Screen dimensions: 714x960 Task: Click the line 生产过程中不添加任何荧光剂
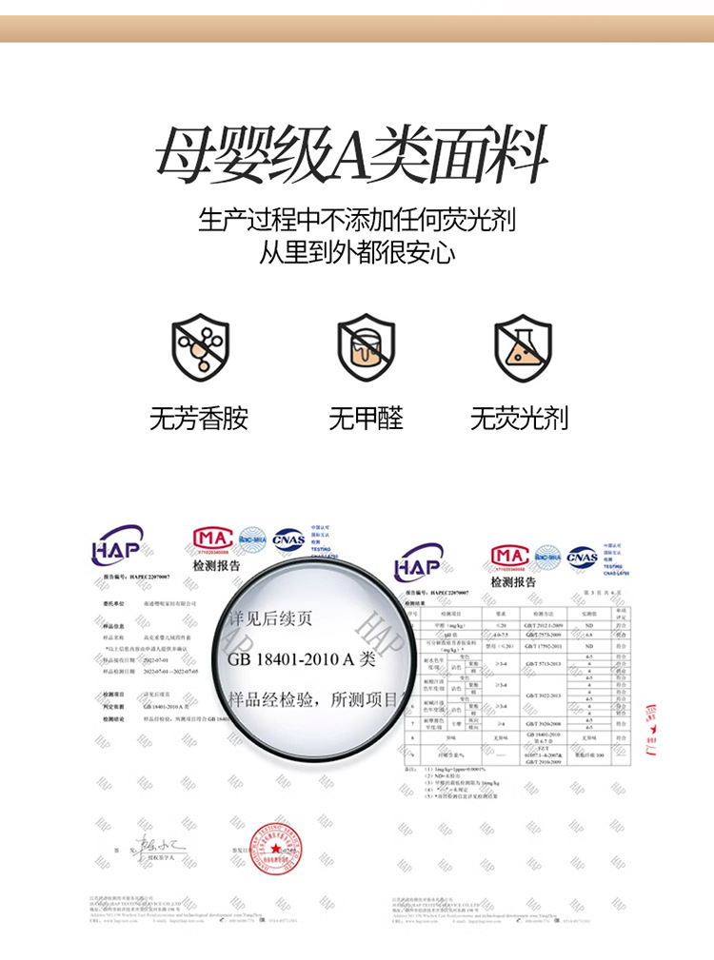(x=357, y=220)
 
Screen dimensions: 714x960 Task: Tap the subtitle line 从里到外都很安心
(x=357, y=253)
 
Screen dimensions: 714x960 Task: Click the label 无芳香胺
(x=199, y=418)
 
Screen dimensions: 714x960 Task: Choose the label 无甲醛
(x=366, y=418)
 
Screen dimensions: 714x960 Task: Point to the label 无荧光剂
(x=520, y=418)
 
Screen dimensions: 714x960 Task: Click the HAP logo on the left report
(x=118, y=548)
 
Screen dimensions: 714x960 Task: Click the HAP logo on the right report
(x=420, y=561)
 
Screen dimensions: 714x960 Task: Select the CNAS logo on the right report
(x=582, y=557)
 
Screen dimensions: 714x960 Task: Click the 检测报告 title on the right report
(x=513, y=582)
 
